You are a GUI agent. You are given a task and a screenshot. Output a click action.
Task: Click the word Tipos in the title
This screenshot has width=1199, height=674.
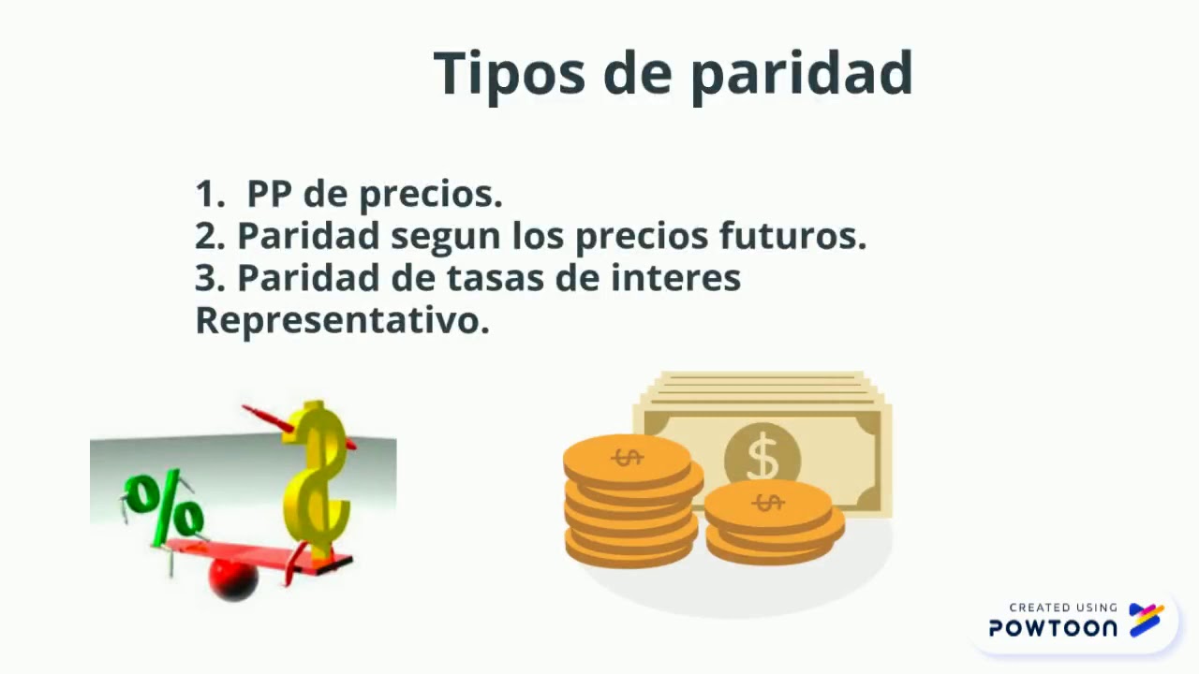(510, 73)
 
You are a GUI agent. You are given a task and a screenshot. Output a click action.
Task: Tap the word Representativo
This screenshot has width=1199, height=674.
(342, 320)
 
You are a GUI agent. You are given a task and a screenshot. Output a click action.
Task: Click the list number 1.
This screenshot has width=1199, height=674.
(208, 194)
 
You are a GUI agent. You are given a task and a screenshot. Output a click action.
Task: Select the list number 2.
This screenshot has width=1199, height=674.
(208, 236)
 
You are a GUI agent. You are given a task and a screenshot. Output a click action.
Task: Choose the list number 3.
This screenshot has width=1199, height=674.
(208, 278)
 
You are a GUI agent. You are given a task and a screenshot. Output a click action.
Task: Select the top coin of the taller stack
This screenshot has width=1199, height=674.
(627, 458)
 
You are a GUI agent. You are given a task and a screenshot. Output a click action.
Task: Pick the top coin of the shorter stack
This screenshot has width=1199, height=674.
(767, 504)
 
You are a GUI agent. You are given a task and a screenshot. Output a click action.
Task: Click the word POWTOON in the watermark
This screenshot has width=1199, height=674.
(1053, 628)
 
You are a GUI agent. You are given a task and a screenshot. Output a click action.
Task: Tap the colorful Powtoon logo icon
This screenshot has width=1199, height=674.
(1147, 619)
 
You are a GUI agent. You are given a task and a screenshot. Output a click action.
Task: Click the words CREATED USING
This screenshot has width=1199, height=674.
(1063, 608)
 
